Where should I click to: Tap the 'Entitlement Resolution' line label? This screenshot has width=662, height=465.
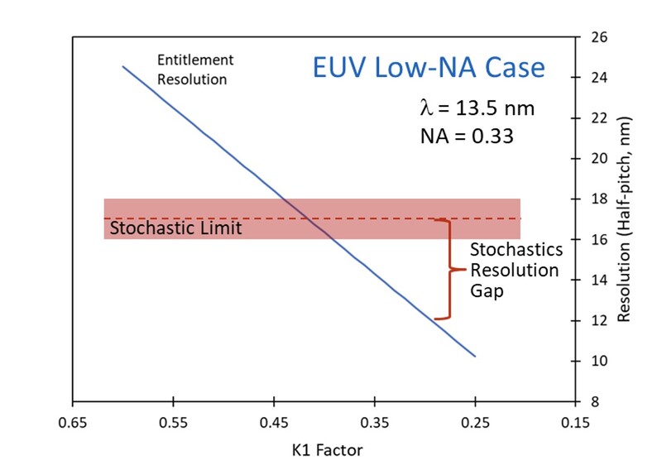click(195, 70)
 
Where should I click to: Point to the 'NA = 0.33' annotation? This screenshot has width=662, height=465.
click(467, 135)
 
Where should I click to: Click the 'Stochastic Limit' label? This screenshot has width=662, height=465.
click(175, 228)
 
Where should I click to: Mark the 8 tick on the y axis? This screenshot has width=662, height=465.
click(597, 402)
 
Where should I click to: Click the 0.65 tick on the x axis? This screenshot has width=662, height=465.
click(73, 421)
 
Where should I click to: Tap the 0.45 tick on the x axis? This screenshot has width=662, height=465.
click(274, 421)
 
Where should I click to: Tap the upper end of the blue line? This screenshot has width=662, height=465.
click(122, 66)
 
